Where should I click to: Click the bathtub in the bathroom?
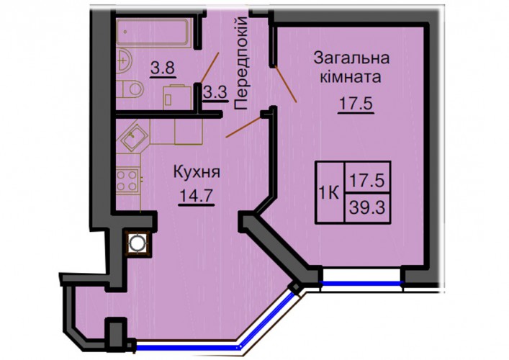click(152, 33)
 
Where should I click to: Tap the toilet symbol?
click(130, 89)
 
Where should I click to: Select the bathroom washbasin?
click(124, 60)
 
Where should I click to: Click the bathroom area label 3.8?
click(163, 69)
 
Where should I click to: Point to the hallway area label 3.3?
click(215, 93)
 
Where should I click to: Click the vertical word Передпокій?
click(241, 63)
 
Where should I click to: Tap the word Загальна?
click(351, 59)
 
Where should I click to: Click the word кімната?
click(351, 77)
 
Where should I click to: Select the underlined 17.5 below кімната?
click(356, 104)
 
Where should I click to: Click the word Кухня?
click(197, 172)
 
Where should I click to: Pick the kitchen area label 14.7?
click(197, 197)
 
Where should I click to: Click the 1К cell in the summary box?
click(330, 194)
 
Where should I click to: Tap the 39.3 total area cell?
click(367, 208)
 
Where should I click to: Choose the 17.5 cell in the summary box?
click(367, 179)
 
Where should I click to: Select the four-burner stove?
click(127, 181)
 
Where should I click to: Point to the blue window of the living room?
click(361, 283)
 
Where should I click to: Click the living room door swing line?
click(286, 84)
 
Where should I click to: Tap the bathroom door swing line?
click(210, 68)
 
